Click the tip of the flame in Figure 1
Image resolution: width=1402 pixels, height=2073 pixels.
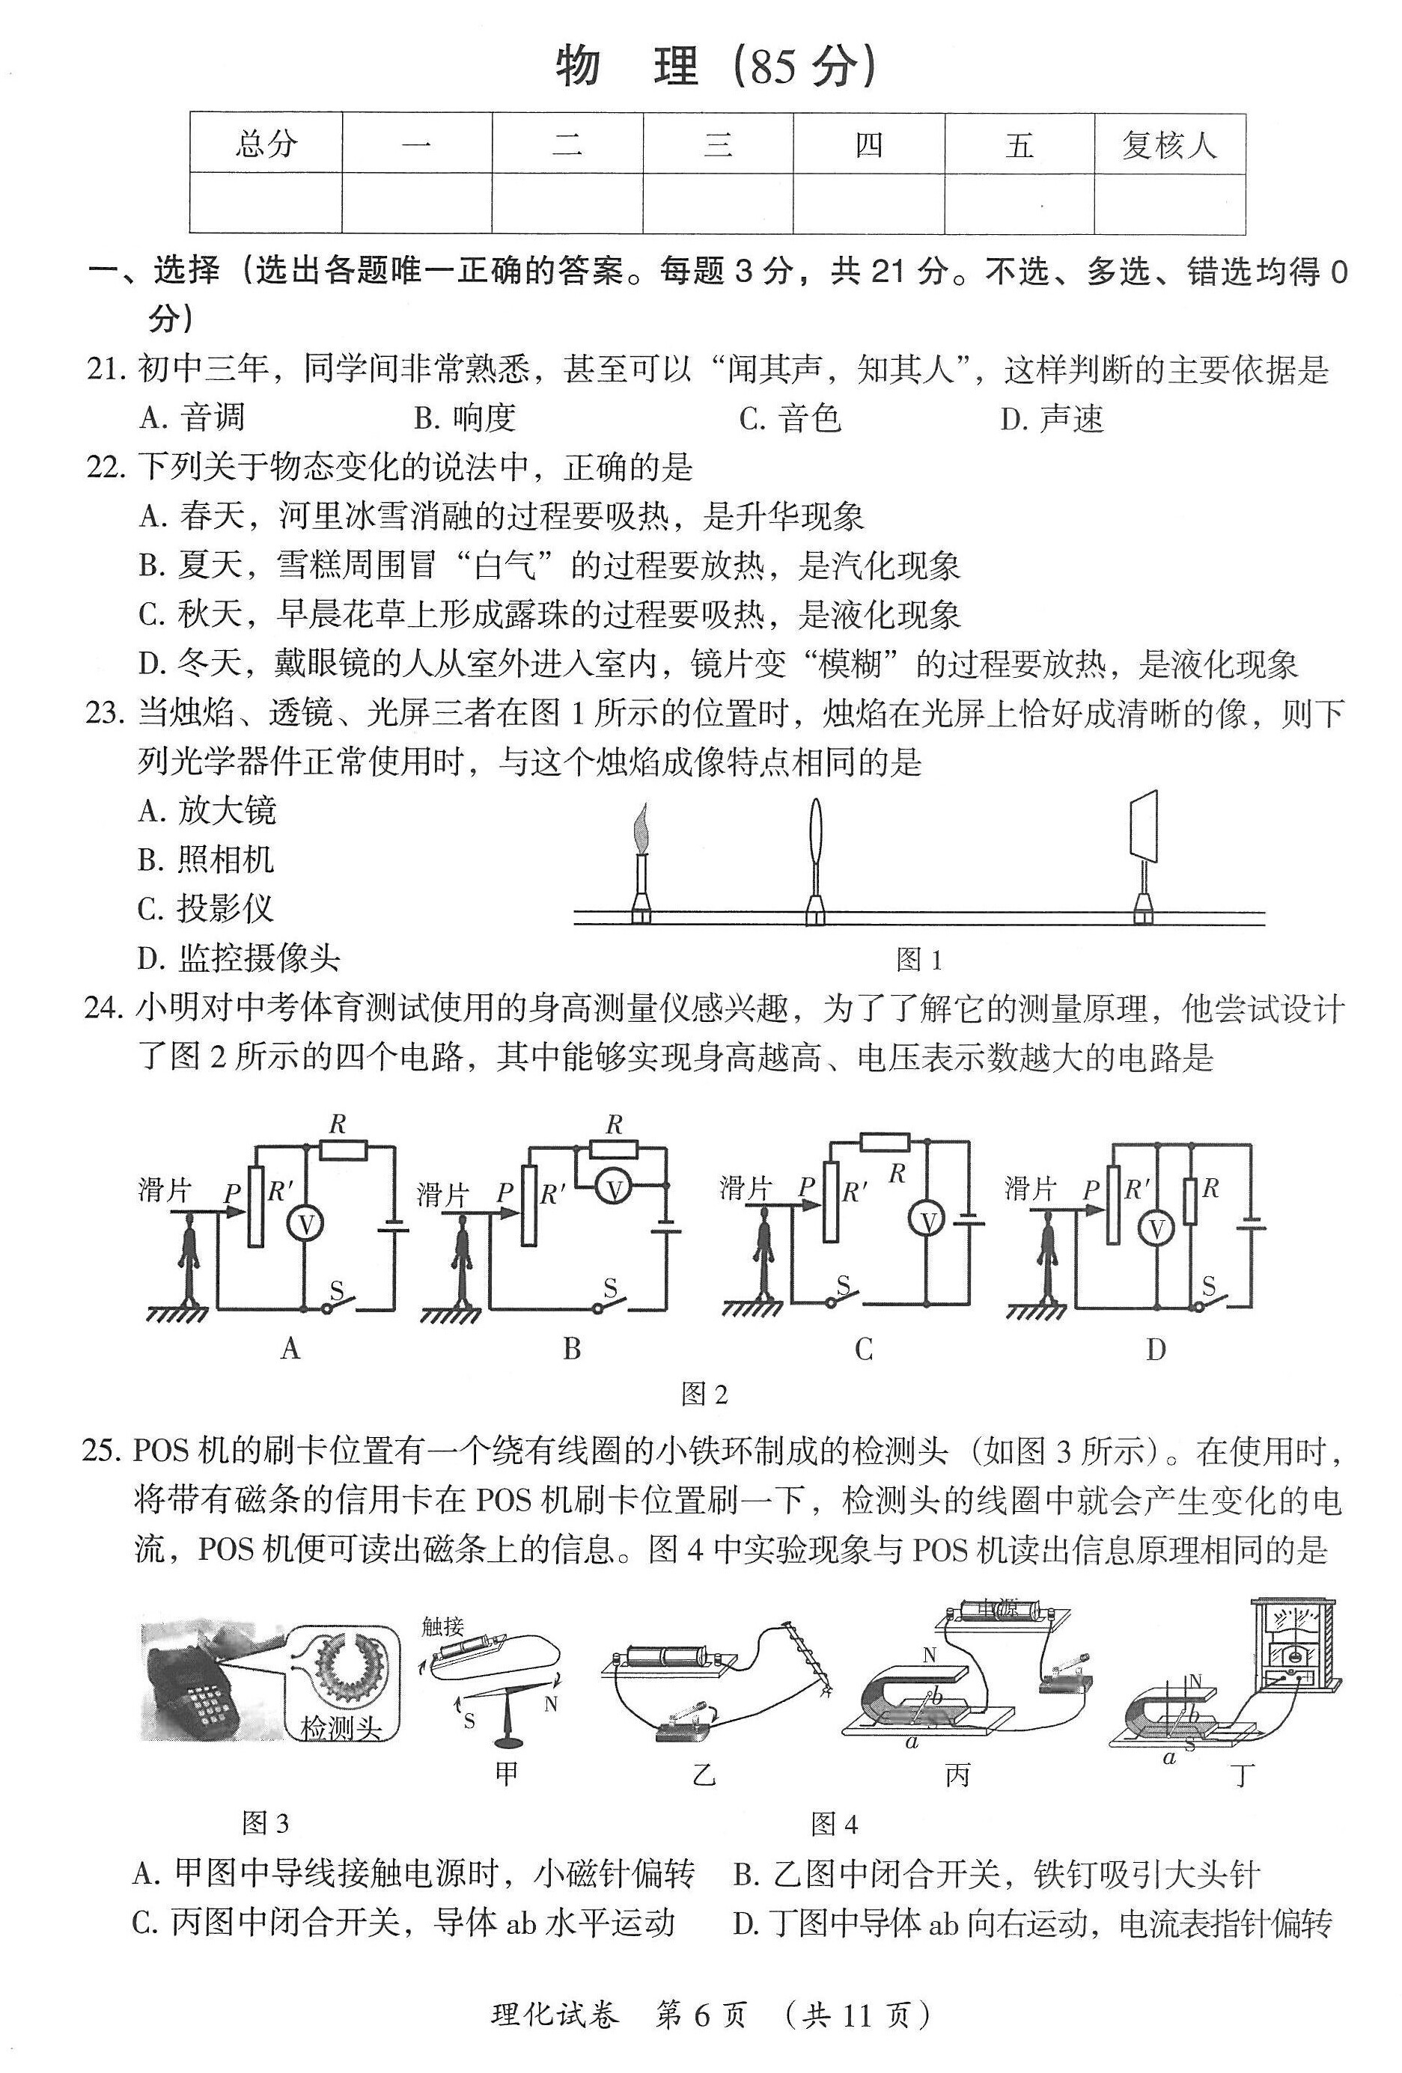[641, 803]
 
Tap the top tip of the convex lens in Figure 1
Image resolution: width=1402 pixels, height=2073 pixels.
[815, 797]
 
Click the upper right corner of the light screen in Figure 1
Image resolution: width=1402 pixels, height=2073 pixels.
[1156, 790]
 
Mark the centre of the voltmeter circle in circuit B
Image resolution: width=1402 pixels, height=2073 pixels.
[613, 1188]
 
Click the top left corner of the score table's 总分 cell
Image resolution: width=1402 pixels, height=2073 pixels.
[190, 113]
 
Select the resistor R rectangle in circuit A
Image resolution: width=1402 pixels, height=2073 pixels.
[344, 1148]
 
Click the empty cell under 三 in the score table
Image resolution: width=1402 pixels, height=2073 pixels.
[718, 203]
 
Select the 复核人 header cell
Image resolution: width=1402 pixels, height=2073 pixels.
[1169, 144]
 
